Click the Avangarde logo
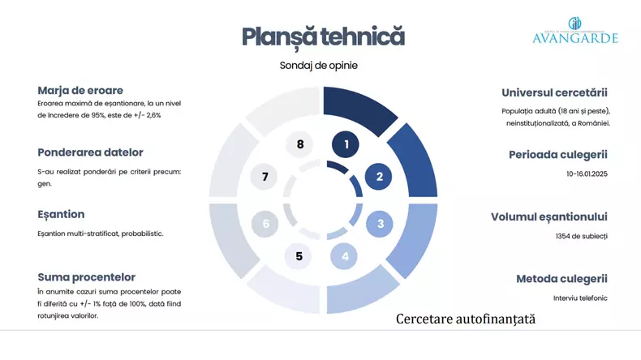(x=574, y=31)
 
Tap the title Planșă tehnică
(x=324, y=36)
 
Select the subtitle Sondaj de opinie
(x=318, y=66)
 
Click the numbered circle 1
(x=346, y=144)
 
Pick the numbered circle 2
(x=379, y=177)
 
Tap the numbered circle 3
(x=380, y=224)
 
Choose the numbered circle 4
(x=344, y=256)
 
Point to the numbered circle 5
(x=299, y=256)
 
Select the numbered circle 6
(x=265, y=224)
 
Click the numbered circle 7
(x=265, y=177)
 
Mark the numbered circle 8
(x=299, y=144)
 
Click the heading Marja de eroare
(x=80, y=90)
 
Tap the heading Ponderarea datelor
(x=90, y=152)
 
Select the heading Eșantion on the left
(x=61, y=215)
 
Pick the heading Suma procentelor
(x=86, y=277)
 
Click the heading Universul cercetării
(x=554, y=92)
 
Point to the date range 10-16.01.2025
(x=587, y=174)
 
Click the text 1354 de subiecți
(x=581, y=236)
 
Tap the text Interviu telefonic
(x=580, y=298)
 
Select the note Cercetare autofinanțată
(x=466, y=319)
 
